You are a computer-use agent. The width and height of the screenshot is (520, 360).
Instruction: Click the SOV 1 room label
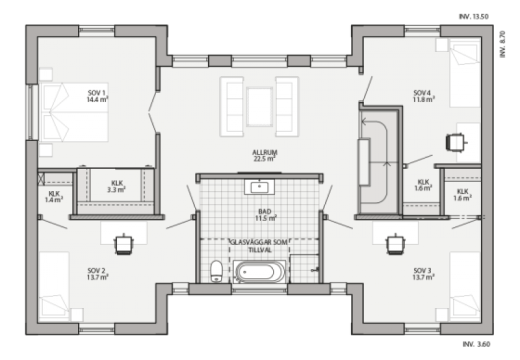tap(97, 96)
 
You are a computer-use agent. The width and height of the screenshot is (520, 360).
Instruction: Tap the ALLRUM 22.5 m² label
tap(265, 155)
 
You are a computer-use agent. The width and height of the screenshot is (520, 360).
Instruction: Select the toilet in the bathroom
tap(216, 271)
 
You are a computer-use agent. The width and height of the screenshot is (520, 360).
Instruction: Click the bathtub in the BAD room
tap(259, 272)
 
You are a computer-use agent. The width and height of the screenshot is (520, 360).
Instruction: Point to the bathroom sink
tap(259, 187)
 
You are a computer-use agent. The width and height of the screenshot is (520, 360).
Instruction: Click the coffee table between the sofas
tap(259, 107)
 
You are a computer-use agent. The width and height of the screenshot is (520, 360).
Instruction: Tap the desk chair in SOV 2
tap(124, 244)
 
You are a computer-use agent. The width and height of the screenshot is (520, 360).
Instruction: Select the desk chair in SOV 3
tap(396, 244)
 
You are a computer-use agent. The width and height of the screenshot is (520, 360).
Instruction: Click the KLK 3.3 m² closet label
tap(116, 186)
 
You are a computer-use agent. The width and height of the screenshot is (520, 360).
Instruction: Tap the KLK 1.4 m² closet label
tap(54, 197)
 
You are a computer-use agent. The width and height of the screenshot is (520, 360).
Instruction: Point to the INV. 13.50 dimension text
tap(474, 17)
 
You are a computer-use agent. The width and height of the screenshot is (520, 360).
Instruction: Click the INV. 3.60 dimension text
tap(476, 344)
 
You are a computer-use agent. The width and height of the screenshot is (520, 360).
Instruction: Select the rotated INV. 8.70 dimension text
tap(502, 44)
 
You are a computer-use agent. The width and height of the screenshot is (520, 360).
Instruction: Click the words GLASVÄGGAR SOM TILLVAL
tap(259, 246)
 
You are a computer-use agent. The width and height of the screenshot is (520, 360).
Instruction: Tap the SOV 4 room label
tap(424, 96)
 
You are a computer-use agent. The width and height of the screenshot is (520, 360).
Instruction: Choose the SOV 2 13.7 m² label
tap(97, 274)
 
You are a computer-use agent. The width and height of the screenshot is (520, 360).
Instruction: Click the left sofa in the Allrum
tap(232, 107)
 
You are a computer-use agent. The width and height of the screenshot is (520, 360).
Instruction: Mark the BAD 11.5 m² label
tap(266, 215)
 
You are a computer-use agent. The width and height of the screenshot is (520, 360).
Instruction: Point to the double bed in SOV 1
tap(74, 112)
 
